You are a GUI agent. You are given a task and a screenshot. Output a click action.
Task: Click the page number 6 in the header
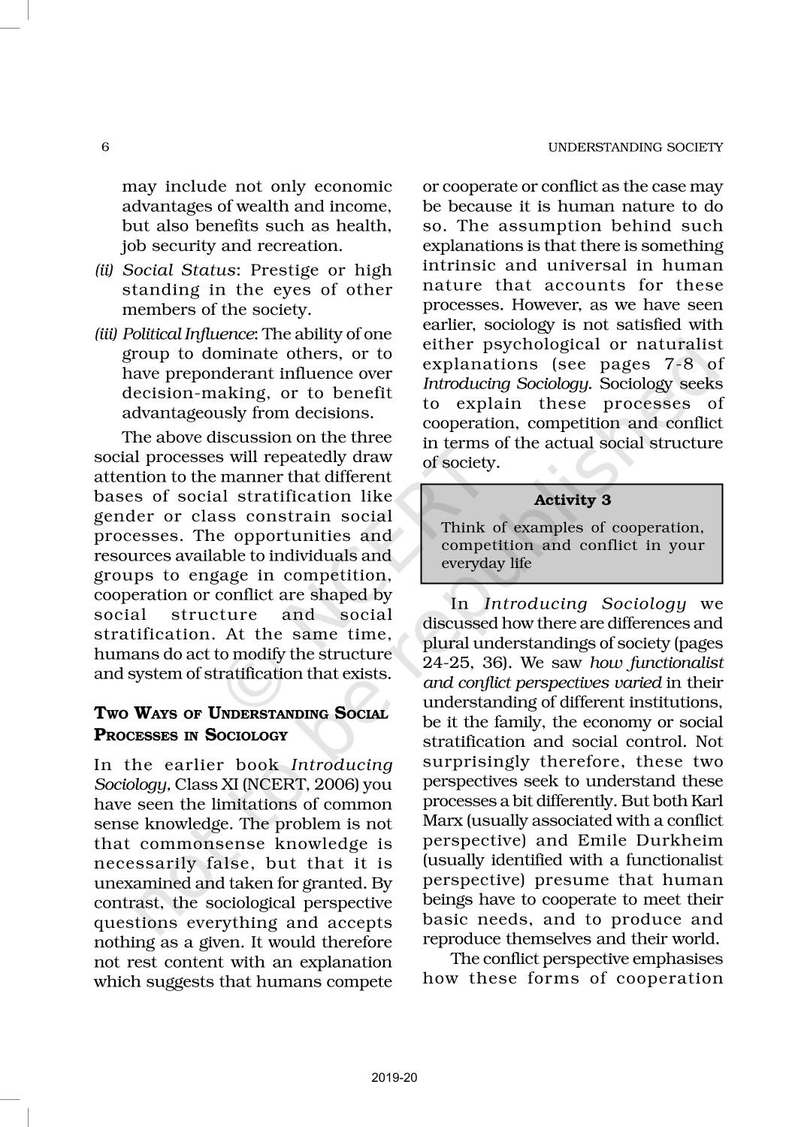(x=105, y=147)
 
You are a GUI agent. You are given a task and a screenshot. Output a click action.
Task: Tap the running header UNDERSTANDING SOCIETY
(x=635, y=147)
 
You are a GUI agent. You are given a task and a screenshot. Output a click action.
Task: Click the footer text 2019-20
(x=394, y=1078)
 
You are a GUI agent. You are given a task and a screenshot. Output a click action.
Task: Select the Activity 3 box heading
(x=572, y=500)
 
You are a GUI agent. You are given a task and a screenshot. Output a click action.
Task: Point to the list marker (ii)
(x=104, y=270)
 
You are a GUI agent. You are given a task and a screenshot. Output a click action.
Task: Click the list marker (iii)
(x=105, y=334)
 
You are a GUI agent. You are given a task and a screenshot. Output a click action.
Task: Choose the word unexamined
(x=142, y=884)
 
